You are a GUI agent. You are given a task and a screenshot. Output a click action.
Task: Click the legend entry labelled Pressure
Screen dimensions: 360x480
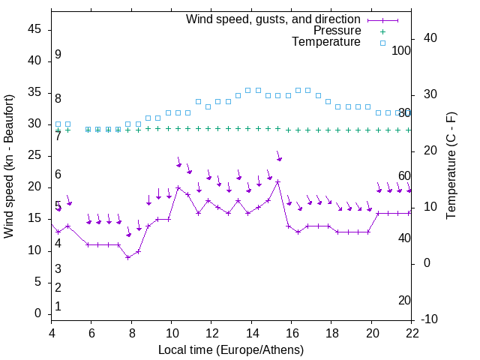[x=337, y=31]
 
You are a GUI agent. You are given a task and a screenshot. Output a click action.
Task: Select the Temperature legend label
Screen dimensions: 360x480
[x=326, y=42]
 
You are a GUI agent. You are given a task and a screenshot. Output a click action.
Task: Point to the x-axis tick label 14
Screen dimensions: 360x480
[x=252, y=333]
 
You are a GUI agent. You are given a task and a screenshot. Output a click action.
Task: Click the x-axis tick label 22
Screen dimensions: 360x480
[x=412, y=333]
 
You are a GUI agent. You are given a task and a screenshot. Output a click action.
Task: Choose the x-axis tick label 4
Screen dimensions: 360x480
[x=52, y=333]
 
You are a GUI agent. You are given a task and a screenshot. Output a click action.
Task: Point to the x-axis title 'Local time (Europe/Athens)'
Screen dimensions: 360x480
[x=231, y=349]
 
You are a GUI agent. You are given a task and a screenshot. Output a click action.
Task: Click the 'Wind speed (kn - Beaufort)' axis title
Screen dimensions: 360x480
[x=9, y=166]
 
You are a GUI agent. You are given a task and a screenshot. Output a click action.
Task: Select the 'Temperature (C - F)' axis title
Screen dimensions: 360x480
[x=451, y=166]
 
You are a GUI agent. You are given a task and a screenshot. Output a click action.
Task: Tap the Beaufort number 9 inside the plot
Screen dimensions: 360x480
[x=58, y=55]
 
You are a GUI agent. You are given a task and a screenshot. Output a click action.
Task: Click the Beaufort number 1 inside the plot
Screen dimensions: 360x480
[x=58, y=306]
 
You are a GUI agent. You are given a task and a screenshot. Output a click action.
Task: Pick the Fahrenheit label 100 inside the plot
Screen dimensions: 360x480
[x=401, y=50]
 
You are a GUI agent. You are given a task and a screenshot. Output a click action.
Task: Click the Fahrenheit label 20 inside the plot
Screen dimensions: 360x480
[x=405, y=300]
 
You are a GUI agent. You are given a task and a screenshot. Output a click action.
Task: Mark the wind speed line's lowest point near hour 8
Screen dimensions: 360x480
[x=128, y=257]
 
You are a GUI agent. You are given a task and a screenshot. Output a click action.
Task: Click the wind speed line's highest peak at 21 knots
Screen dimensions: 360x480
[x=278, y=181]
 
